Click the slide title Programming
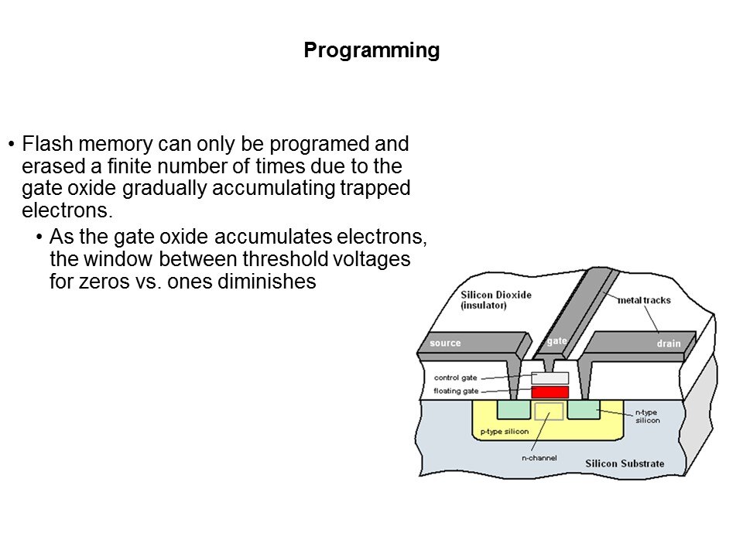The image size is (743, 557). [x=371, y=51]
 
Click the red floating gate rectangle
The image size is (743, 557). [x=550, y=392]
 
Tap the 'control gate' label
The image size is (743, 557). [x=456, y=378]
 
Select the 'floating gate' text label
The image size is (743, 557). [x=456, y=391]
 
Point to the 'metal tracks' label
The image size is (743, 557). [x=643, y=300]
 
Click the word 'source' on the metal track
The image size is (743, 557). [x=445, y=343]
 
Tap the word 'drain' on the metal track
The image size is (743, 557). [x=669, y=343]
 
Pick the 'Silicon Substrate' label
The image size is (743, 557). [x=624, y=463]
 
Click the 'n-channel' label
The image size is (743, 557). [x=539, y=458]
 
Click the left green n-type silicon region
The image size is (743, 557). [x=514, y=409]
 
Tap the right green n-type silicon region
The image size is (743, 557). [x=583, y=409]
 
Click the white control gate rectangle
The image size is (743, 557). [x=550, y=378]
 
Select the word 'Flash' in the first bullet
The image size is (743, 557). [x=43, y=145]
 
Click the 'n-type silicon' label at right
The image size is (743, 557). [x=648, y=416]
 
